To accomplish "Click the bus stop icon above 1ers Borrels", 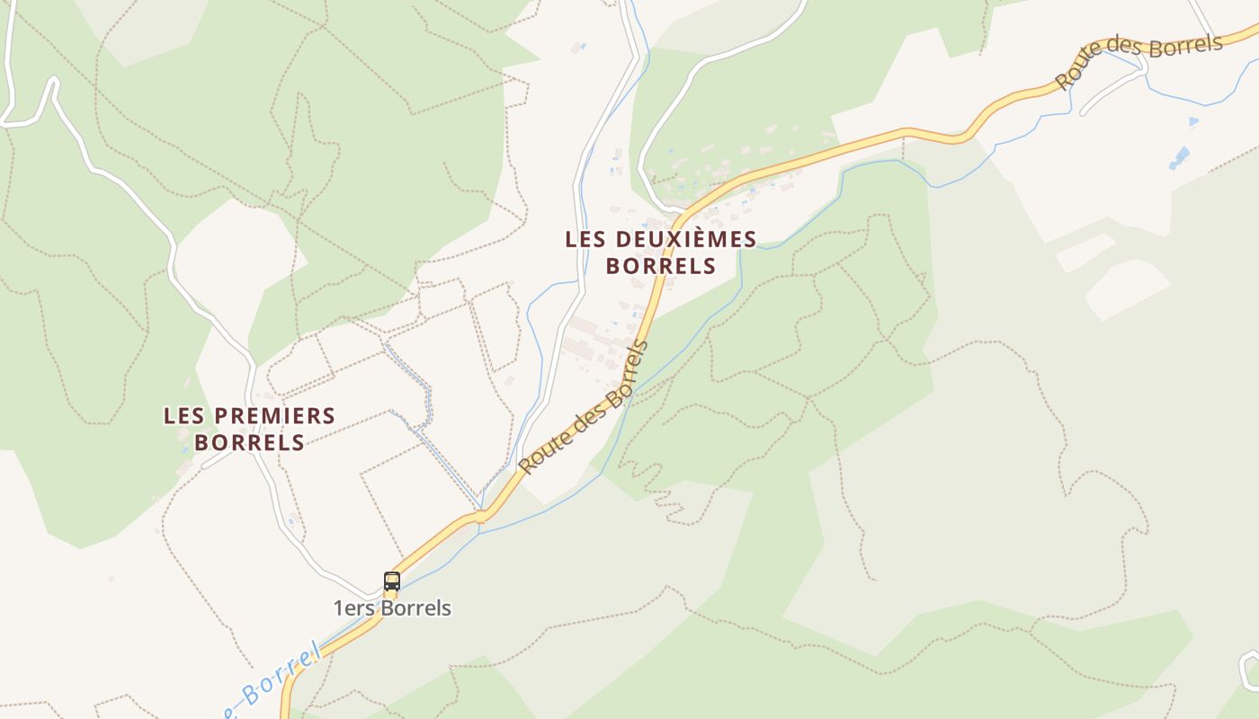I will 391,581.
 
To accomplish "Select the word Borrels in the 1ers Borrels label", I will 415,608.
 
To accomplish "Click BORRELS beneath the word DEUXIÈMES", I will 661,266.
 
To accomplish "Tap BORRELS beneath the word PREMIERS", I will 249,443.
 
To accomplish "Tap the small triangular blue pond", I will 1193,120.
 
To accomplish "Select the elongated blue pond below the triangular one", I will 1179,158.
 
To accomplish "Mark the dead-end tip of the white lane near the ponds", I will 1084,113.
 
